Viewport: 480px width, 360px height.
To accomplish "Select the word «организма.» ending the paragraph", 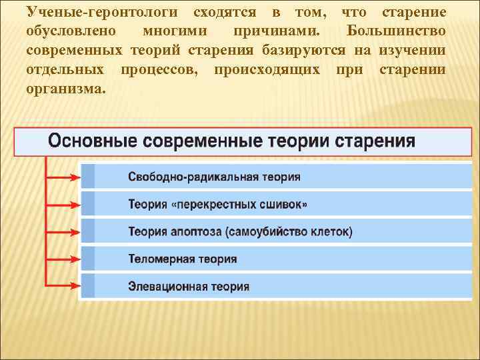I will (x=65, y=88).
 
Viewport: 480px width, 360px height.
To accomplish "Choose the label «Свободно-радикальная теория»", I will (x=214, y=177).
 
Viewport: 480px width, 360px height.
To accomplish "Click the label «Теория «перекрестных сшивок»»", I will (x=218, y=205).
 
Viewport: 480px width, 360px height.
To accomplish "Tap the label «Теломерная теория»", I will (x=182, y=259).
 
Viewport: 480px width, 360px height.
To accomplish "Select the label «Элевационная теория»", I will (x=189, y=287).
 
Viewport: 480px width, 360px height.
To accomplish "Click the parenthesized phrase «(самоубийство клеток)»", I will (x=289, y=232).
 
